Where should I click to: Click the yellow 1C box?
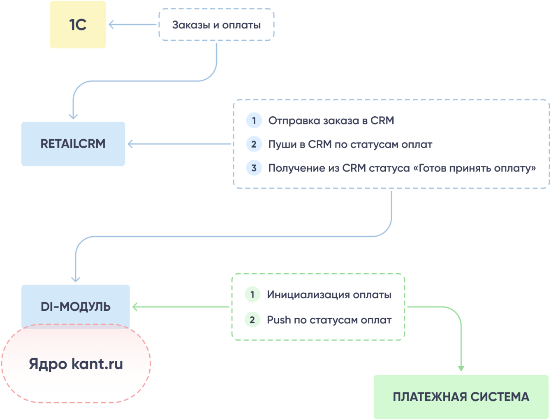pyautogui.click(x=78, y=25)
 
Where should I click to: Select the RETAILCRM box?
pyautogui.click(x=73, y=144)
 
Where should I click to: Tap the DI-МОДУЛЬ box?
pyautogui.click(x=75, y=306)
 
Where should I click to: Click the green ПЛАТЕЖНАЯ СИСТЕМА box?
pyautogui.click(x=461, y=397)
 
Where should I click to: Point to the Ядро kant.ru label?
pyautogui.click(x=76, y=364)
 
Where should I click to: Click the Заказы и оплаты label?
pyautogui.click(x=216, y=25)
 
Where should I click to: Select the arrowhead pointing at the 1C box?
pyautogui.click(x=111, y=25)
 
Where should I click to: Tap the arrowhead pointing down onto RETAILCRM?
pyautogui.click(x=73, y=117)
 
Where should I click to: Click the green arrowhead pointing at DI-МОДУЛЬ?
pyautogui.click(x=135, y=307)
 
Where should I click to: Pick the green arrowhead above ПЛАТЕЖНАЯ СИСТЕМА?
pyautogui.click(x=461, y=368)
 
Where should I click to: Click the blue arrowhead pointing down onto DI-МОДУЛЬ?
pyautogui.click(x=75, y=279)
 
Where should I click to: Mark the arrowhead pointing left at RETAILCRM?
pyautogui.click(x=130, y=144)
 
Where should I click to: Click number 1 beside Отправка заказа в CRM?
pyautogui.click(x=254, y=120)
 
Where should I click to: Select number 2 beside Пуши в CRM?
pyautogui.click(x=254, y=144)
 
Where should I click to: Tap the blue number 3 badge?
pyautogui.click(x=254, y=168)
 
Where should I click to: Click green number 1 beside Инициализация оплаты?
pyautogui.click(x=252, y=295)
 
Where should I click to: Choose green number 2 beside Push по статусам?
pyautogui.click(x=252, y=320)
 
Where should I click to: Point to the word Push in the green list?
pyautogui.click(x=279, y=320)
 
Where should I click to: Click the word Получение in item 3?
pyautogui.click(x=292, y=168)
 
